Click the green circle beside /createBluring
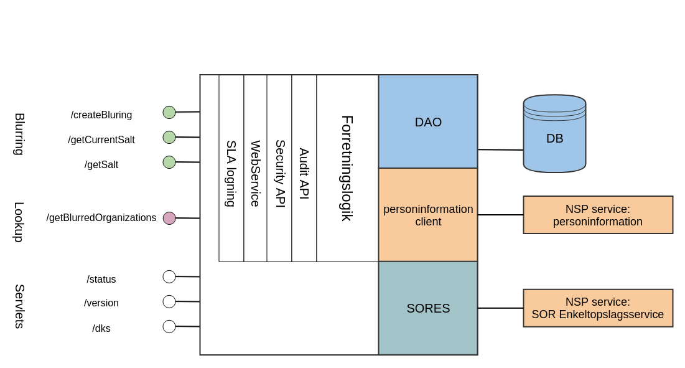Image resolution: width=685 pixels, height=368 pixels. pyautogui.click(x=169, y=112)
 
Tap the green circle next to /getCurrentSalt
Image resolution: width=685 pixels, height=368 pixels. pyautogui.click(x=169, y=137)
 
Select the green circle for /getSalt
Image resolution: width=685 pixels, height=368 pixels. pyautogui.click(x=169, y=162)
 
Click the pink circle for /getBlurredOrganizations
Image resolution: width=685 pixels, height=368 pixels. pyautogui.click(x=169, y=218)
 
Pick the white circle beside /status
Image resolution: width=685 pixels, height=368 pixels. pyautogui.click(x=169, y=276)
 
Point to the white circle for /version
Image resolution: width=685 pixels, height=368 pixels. pyautogui.click(x=169, y=301)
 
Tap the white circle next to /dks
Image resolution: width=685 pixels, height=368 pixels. pyautogui.click(x=169, y=326)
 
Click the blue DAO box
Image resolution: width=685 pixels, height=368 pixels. pyautogui.click(x=428, y=122)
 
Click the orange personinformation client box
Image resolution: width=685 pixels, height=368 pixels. pyautogui.click(x=428, y=215)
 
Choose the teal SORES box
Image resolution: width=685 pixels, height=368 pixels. pyautogui.click(x=428, y=308)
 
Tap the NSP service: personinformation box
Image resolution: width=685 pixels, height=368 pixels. pyautogui.click(x=598, y=215)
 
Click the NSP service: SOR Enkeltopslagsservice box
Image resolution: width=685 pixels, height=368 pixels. pyautogui.click(x=598, y=308)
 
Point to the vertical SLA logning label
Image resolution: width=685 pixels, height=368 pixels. pyautogui.click(x=231, y=173)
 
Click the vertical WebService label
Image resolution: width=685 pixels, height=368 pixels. pyautogui.click(x=255, y=173)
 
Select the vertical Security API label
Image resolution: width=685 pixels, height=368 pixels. pyautogui.click(x=280, y=173)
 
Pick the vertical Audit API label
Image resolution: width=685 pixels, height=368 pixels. pyautogui.click(x=304, y=173)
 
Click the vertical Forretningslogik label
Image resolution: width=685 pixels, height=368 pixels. pyautogui.click(x=347, y=168)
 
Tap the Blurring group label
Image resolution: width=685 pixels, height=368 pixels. pyautogui.click(x=19, y=134)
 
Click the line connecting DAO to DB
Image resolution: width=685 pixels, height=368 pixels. pyautogui.click(x=500, y=149)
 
